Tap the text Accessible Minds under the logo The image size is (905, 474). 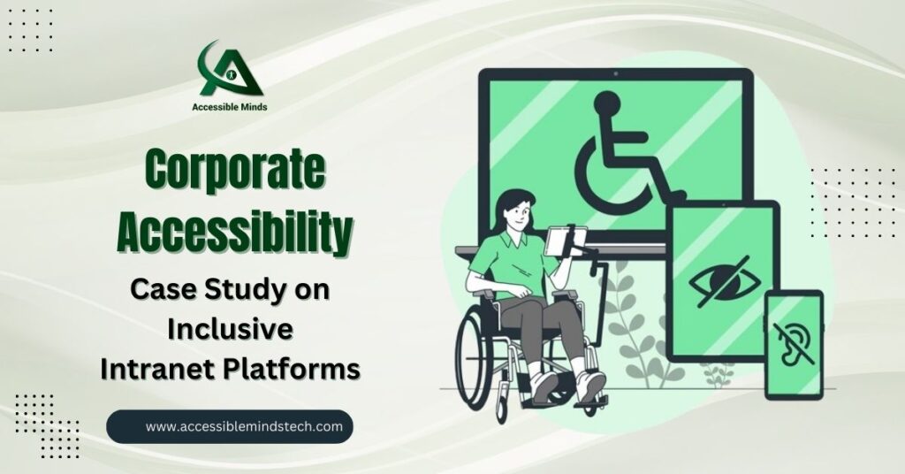pos(230,107)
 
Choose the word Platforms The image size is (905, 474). pos(293,370)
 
